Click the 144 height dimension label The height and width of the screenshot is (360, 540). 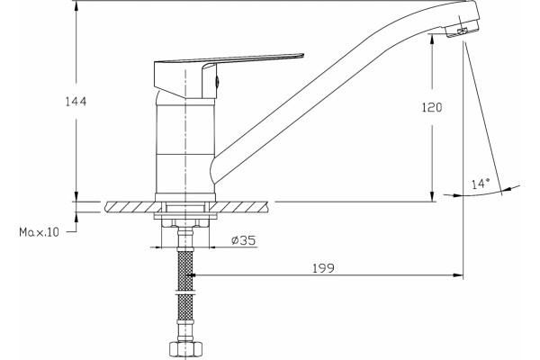pos(76,102)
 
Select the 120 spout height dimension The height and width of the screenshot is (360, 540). pos(431,107)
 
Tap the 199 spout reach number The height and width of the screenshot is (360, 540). pos(323,268)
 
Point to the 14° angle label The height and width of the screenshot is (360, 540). pos(481,184)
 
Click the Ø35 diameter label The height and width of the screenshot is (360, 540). pos(244,240)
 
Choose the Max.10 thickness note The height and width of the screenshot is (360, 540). pos(39,232)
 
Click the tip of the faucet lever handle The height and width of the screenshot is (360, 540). pos(302,55)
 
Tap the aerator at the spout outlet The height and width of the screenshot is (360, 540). pos(462,31)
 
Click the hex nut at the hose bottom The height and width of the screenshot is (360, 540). pos(186,349)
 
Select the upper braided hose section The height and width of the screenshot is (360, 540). pos(185,270)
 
